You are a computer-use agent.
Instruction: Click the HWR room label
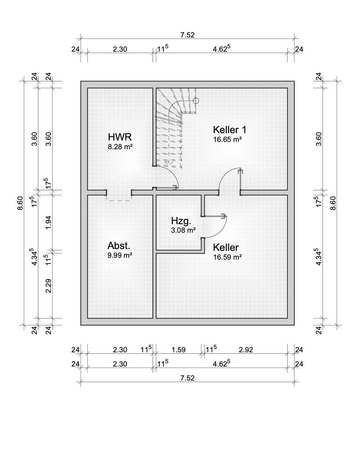coord(120,137)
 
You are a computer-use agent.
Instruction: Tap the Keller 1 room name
coord(230,130)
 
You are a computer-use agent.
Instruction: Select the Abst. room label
coord(119,246)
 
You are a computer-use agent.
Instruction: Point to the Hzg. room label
coord(181,221)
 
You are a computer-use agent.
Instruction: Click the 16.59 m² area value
coord(227,257)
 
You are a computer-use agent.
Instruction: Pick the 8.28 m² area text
coord(120,147)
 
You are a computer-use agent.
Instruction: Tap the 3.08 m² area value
coord(183,230)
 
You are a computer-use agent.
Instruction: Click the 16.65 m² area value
coord(227,139)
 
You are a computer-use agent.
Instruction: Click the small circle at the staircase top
coord(196,101)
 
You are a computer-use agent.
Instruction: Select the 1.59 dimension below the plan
coord(178,350)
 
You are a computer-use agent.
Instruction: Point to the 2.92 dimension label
coord(246,350)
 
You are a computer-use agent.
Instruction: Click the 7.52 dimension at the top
coord(187,35)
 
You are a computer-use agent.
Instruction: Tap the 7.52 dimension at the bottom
coord(187,378)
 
